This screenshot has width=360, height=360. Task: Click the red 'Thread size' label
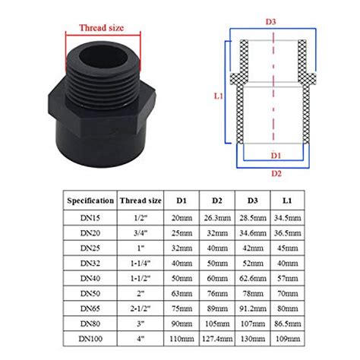pyautogui.click(x=103, y=27)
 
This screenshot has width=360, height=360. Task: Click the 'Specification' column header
pyautogui.click(x=90, y=201)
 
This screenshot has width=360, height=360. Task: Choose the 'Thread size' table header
pyautogui.click(x=141, y=201)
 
